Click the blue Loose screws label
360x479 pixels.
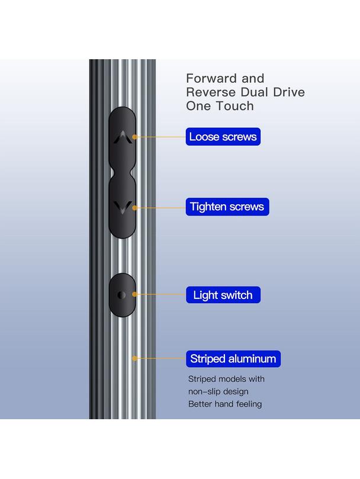point(223,137)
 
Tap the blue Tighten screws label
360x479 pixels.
point(227,207)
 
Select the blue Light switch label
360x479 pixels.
point(223,295)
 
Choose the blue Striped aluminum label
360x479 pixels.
point(233,359)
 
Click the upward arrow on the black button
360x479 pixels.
point(123,137)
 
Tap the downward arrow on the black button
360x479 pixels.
point(123,207)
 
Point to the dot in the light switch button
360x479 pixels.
point(121,295)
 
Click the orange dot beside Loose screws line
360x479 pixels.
point(134,137)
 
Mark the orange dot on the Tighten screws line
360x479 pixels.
point(134,208)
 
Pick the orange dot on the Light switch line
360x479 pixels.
point(134,294)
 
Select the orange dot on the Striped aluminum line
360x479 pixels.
point(134,358)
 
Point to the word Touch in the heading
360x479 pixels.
point(235,106)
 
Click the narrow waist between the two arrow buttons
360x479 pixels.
point(122,173)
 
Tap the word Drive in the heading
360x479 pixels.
point(289,92)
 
